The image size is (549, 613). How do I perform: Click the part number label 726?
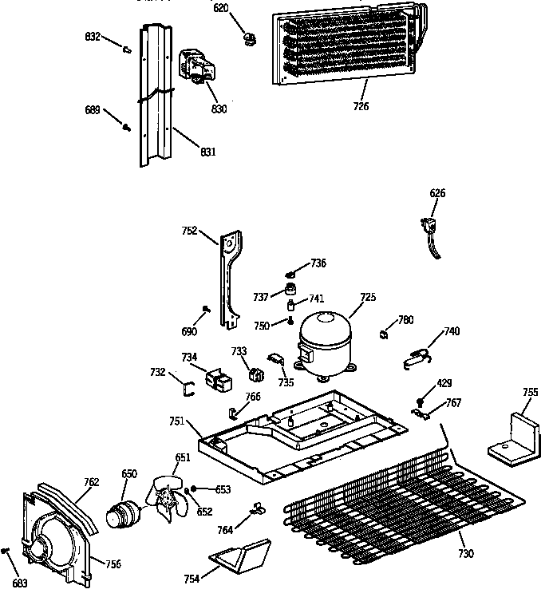(361, 106)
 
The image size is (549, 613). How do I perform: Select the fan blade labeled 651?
(168, 496)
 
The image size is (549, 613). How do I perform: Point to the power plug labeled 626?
(432, 229)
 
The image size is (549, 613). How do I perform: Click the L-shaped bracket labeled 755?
(515, 440)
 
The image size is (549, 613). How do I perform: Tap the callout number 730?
(465, 553)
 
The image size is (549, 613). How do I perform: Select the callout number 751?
(177, 421)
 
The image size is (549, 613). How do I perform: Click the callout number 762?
(91, 481)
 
